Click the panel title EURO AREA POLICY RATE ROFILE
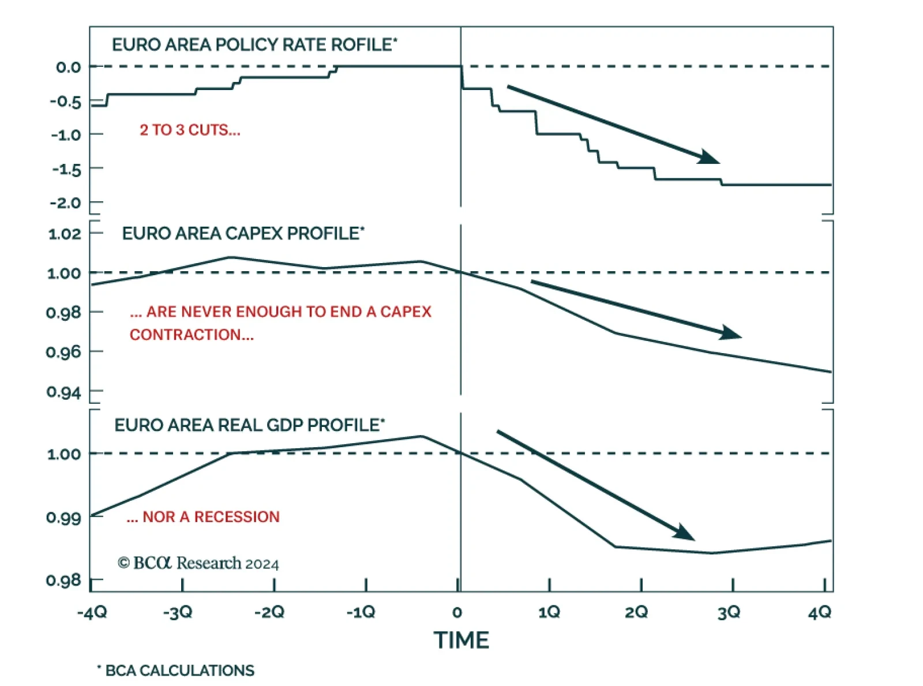coord(254,44)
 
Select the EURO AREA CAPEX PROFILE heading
coord(243,233)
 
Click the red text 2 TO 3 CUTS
coord(190,130)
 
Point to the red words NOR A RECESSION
coord(203,516)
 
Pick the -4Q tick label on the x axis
coord(92,612)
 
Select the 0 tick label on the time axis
coord(457,612)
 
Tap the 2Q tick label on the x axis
coord(636,612)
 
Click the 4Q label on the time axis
coord(820,612)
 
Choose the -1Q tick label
coord(361,612)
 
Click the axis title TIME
coord(461,640)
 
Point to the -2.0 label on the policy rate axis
coord(65,203)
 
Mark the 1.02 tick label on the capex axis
coord(65,234)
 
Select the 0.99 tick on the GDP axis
coord(63,517)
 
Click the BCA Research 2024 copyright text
coord(198,563)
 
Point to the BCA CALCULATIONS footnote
coord(176,670)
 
